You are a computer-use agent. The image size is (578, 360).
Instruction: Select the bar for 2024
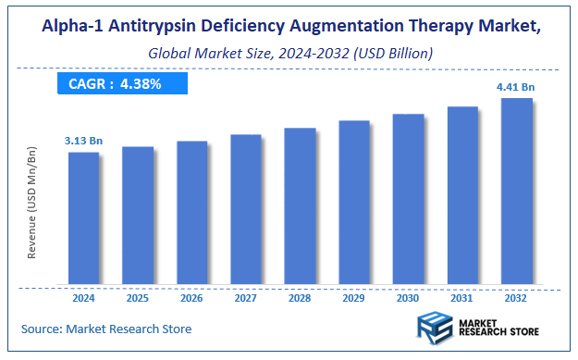[83, 217]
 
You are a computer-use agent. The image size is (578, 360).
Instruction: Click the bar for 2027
[246, 209]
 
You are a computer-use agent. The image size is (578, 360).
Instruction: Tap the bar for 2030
[408, 199]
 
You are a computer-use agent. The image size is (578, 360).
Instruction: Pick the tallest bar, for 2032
[516, 191]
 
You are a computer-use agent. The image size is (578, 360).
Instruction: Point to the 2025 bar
[138, 215]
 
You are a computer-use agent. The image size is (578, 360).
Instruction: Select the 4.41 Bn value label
[516, 87]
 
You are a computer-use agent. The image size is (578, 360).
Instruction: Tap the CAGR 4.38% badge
[121, 84]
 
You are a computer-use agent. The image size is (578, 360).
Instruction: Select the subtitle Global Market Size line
[289, 54]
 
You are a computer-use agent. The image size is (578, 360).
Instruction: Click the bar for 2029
[354, 202]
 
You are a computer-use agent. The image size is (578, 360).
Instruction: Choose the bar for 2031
[462, 194]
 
